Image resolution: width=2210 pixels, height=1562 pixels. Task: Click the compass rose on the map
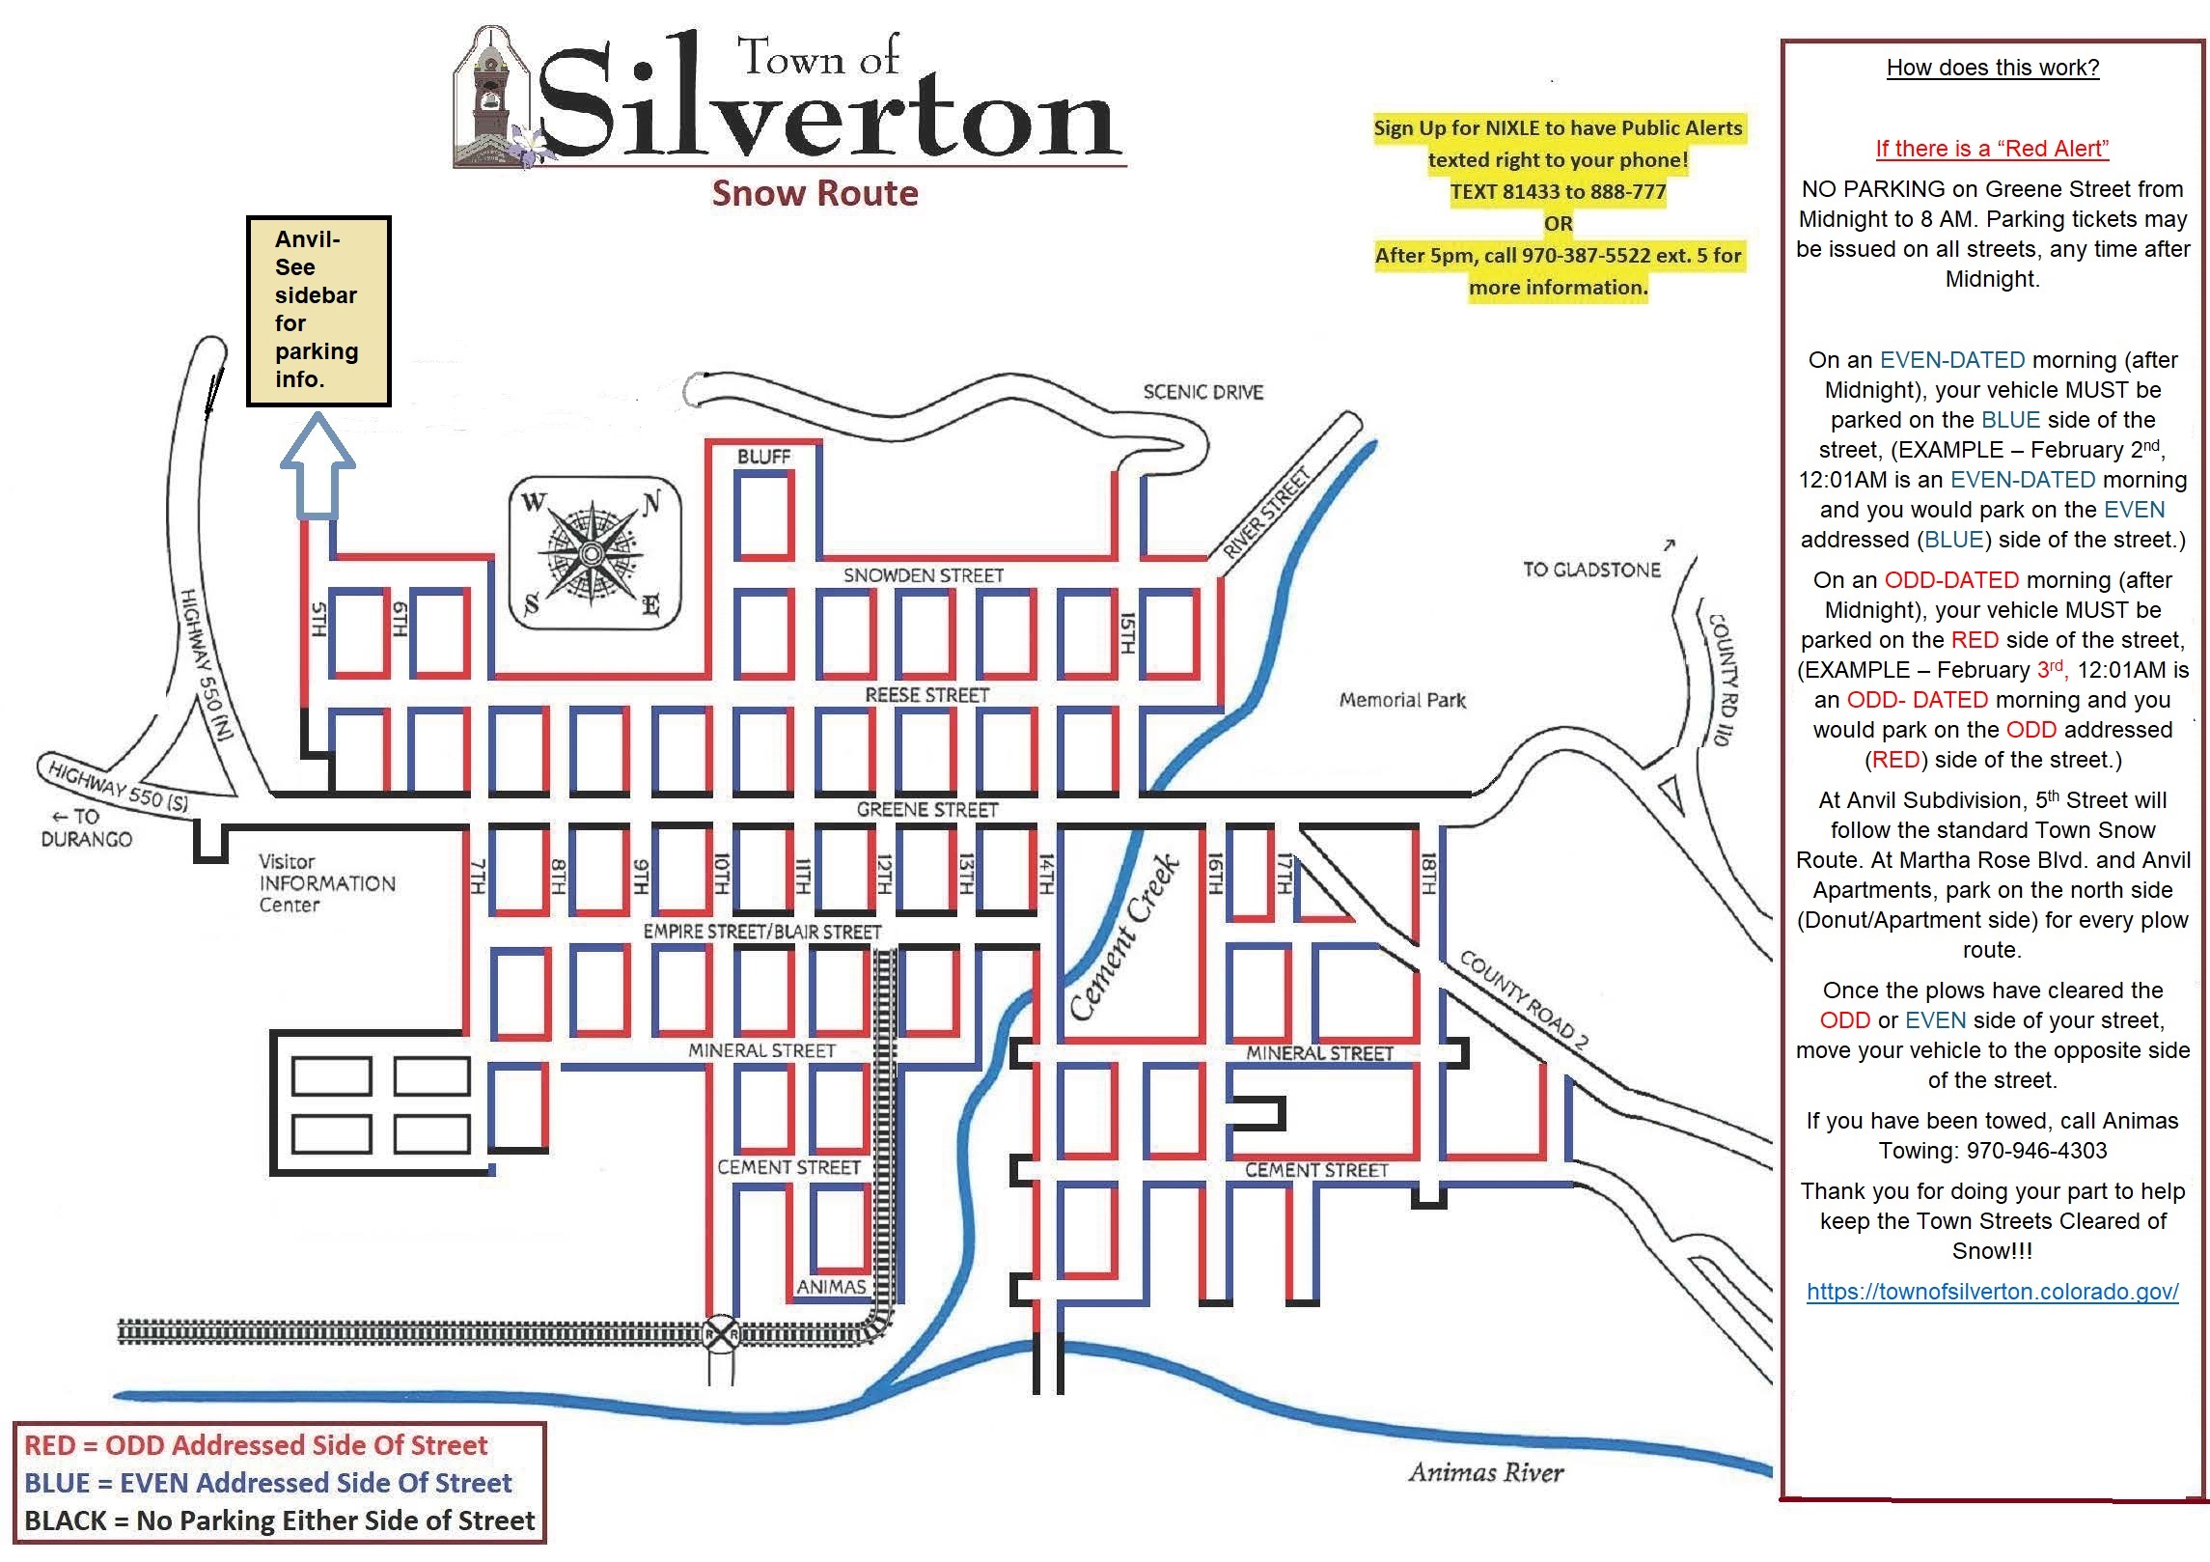click(x=593, y=553)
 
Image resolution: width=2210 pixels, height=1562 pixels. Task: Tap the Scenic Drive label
click(x=1202, y=392)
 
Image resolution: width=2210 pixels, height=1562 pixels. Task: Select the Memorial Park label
click(x=1401, y=700)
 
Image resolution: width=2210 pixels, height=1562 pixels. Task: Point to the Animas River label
click(x=1485, y=1472)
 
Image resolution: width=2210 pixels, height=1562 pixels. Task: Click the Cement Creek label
click(x=1125, y=936)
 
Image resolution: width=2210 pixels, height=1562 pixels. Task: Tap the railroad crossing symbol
click(x=721, y=1334)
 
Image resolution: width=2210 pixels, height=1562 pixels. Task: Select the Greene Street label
click(x=926, y=809)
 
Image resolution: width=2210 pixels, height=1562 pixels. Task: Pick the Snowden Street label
click(x=924, y=575)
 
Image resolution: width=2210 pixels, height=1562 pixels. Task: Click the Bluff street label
click(x=763, y=457)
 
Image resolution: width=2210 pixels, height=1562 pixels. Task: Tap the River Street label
click(x=1265, y=513)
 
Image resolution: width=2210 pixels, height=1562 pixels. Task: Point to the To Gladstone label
click(x=1591, y=570)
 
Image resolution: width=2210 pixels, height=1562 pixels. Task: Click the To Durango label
click(x=87, y=828)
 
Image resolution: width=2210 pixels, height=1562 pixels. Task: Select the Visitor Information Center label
click(x=326, y=883)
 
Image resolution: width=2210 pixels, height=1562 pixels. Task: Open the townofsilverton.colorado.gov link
click(x=1992, y=1292)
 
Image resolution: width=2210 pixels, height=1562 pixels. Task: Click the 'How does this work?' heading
click(x=1992, y=68)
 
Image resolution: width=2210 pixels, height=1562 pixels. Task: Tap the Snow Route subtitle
click(x=815, y=193)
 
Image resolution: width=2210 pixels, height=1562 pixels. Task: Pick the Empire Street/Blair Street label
click(x=762, y=932)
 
